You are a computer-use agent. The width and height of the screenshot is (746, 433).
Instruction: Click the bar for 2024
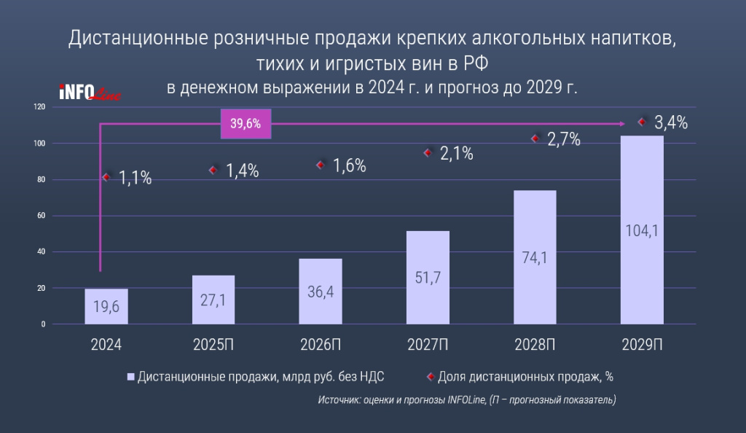click(x=106, y=306)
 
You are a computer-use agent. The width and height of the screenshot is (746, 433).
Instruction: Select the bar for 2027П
click(x=428, y=277)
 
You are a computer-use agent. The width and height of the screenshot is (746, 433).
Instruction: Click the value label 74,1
click(x=535, y=257)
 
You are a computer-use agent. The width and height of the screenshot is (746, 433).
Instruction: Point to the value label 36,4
click(x=321, y=291)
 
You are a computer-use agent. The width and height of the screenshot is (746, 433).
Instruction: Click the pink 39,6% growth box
click(x=246, y=124)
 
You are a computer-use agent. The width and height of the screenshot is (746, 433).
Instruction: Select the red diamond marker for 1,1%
click(x=107, y=176)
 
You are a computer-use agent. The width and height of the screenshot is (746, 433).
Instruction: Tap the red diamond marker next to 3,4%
click(x=642, y=122)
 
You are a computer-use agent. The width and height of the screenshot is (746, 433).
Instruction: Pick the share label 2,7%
click(x=565, y=139)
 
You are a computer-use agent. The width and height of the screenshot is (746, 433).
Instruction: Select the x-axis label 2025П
click(x=213, y=344)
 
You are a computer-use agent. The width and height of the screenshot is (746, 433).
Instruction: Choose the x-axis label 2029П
click(x=642, y=344)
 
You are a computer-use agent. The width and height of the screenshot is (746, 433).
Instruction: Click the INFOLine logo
click(x=89, y=93)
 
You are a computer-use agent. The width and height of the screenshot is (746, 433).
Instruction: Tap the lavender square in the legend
click(x=131, y=377)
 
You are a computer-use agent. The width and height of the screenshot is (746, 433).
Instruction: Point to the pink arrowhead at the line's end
click(x=621, y=124)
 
